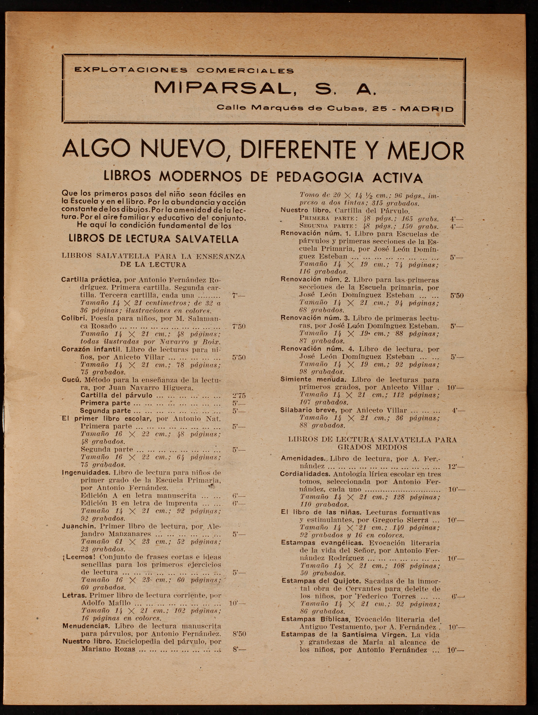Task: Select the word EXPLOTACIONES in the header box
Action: [x=131, y=70]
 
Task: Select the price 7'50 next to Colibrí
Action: [x=239, y=326]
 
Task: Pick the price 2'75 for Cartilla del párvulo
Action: [x=239, y=395]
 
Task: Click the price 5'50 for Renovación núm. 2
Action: [x=457, y=295]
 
